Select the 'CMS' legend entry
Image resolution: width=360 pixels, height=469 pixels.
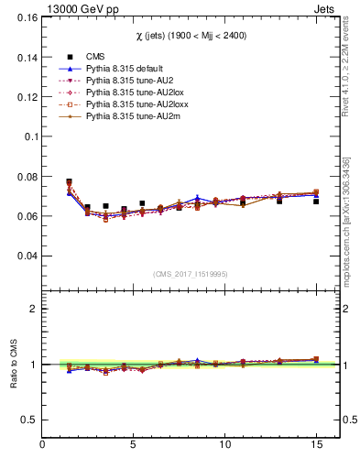(x=95, y=56)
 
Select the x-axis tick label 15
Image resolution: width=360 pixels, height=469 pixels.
(x=316, y=446)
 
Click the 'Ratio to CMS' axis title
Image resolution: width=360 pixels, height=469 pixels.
(x=12, y=365)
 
